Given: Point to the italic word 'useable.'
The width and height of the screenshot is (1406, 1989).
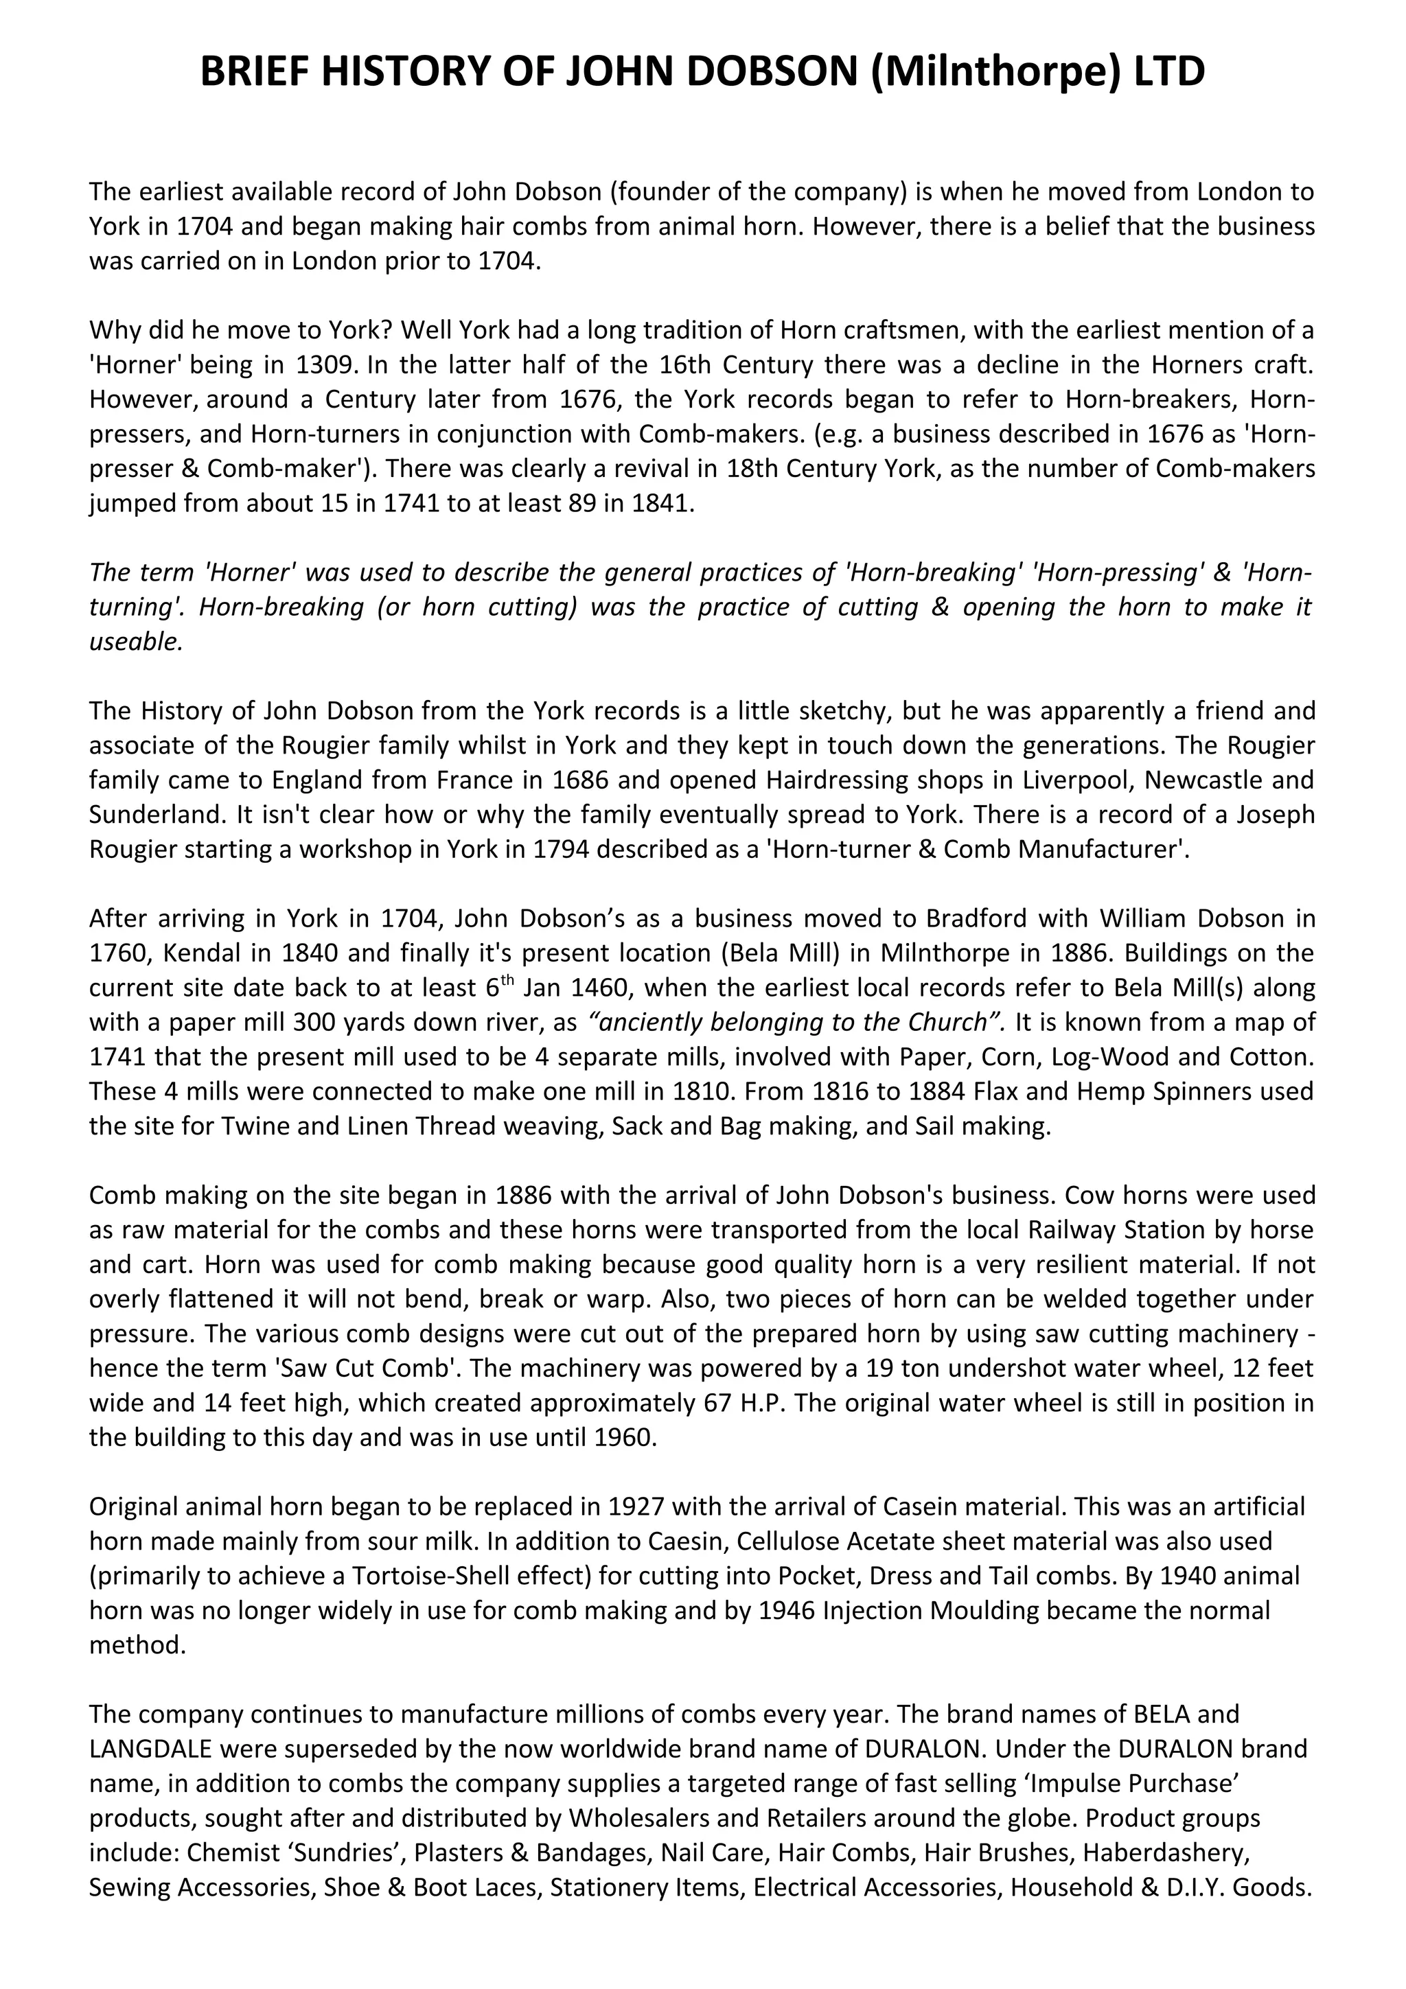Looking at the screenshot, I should tap(136, 642).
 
